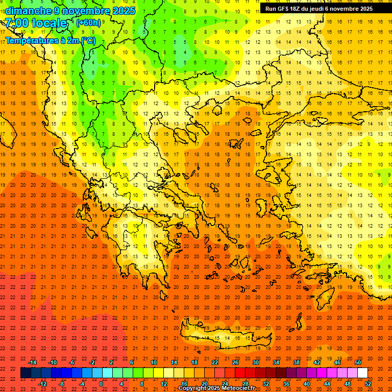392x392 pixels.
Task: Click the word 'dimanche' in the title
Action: (x=28, y=11)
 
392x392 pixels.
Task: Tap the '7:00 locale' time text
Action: (x=36, y=23)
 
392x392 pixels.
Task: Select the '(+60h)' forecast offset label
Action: (x=88, y=23)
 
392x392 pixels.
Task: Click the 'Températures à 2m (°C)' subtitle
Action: (x=51, y=40)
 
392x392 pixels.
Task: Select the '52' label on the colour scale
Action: (x=369, y=384)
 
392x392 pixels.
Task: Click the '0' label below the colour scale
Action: (x=101, y=384)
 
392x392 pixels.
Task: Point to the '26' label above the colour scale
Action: (x=235, y=362)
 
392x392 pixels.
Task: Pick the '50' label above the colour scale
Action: (x=358, y=362)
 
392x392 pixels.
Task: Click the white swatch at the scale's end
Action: (x=362, y=373)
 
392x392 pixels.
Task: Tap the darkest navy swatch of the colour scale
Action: (x=26, y=373)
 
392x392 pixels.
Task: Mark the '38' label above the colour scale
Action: (x=297, y=362)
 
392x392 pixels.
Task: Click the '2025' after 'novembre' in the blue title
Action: (x=124, y=11)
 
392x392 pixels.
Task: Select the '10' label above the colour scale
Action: (x=154, y=362)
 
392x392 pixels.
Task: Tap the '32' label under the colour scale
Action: (x=266, y=384)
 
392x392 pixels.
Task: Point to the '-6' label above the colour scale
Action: (x=72, y=362)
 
